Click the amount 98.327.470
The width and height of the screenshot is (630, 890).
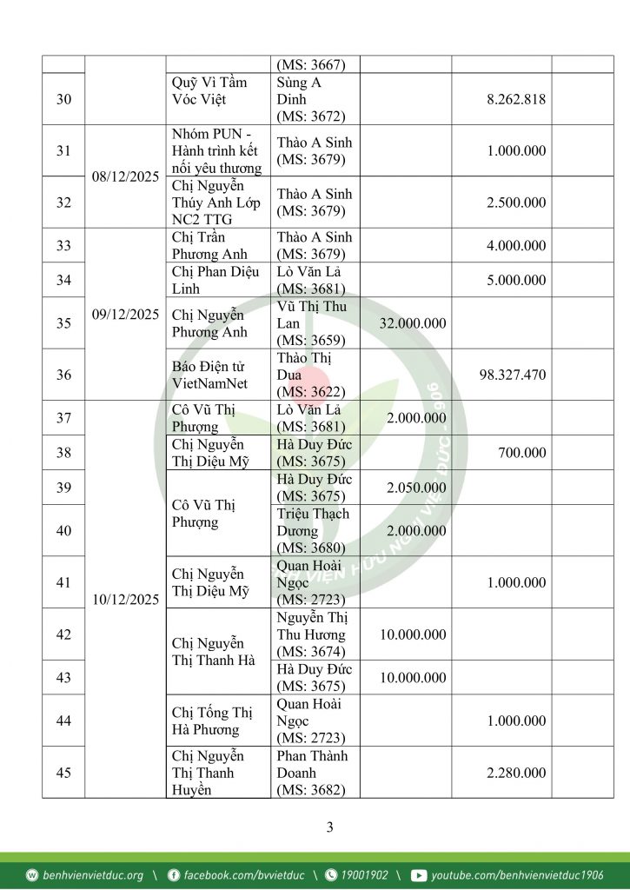[x=512, y=375]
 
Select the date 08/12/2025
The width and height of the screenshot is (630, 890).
[x=125, y=176]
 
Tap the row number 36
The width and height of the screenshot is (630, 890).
[x=63, y=375]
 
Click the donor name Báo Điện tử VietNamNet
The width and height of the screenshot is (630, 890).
[x=209, y=375]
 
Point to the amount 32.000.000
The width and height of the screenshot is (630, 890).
[x=413, y=323]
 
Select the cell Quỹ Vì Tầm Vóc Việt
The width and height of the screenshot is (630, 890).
[x=209, y=90]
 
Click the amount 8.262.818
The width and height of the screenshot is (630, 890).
[x=516, y=99]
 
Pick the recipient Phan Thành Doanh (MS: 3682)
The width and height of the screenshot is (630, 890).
[x=312, y=773]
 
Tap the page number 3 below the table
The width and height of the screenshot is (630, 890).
[x=329, y=827]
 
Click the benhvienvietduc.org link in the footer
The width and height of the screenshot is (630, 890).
[x=93, y=875]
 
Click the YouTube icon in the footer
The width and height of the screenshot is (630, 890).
[x=419, y=875]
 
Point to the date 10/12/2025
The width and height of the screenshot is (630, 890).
[x=125, y=600]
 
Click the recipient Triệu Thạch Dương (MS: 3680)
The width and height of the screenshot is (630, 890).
[x=313, y=530]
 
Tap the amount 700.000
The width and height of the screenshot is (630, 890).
[x=522, y=453]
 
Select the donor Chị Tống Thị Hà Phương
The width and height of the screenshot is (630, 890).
[x=212, y=721]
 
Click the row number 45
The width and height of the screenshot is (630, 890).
[x=63, y=773]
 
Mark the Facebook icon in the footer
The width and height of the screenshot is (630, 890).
[x=174, y=875]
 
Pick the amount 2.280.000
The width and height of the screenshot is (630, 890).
[x=516, y=773]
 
